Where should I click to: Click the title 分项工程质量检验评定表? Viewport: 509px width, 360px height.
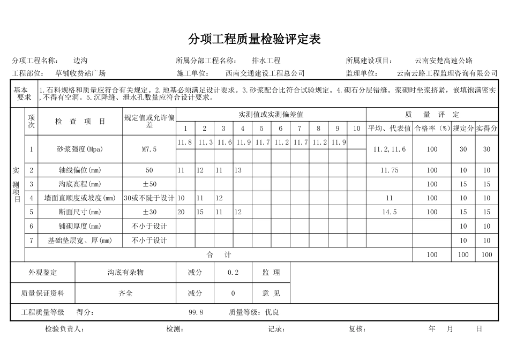click(254, 39)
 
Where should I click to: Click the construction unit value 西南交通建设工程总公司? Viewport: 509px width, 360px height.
click(265, 73)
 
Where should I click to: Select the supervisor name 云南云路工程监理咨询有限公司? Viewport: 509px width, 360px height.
click(447, 73)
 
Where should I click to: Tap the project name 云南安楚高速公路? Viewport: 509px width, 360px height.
click(444, 61)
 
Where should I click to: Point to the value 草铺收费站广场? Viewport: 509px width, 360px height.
click(80, 73)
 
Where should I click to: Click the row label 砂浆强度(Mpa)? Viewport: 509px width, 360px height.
click(80, 149)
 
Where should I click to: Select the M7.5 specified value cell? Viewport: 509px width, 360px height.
click(149, 149)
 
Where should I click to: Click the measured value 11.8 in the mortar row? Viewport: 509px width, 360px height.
click(185, 142)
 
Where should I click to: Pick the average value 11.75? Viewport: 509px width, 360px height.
click(389, 170)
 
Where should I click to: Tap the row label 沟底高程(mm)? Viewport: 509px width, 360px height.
click(80, 184)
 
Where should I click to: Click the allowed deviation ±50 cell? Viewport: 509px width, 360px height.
click(149, 184)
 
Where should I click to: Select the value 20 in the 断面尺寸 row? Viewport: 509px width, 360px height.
click(181, 212)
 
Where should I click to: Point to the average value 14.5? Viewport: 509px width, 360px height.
click(389, 212)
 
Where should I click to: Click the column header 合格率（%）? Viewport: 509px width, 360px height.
click(432, 129)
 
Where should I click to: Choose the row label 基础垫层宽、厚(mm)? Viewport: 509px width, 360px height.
click(80, 241)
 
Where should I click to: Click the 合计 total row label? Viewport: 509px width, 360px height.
click(219, 255)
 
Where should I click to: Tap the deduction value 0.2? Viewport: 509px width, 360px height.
click(233, 273)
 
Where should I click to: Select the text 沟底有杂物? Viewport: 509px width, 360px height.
click(125, 273)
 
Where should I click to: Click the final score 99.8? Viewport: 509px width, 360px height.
click(196, 312)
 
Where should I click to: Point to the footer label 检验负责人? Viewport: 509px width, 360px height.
click(64, 329)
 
